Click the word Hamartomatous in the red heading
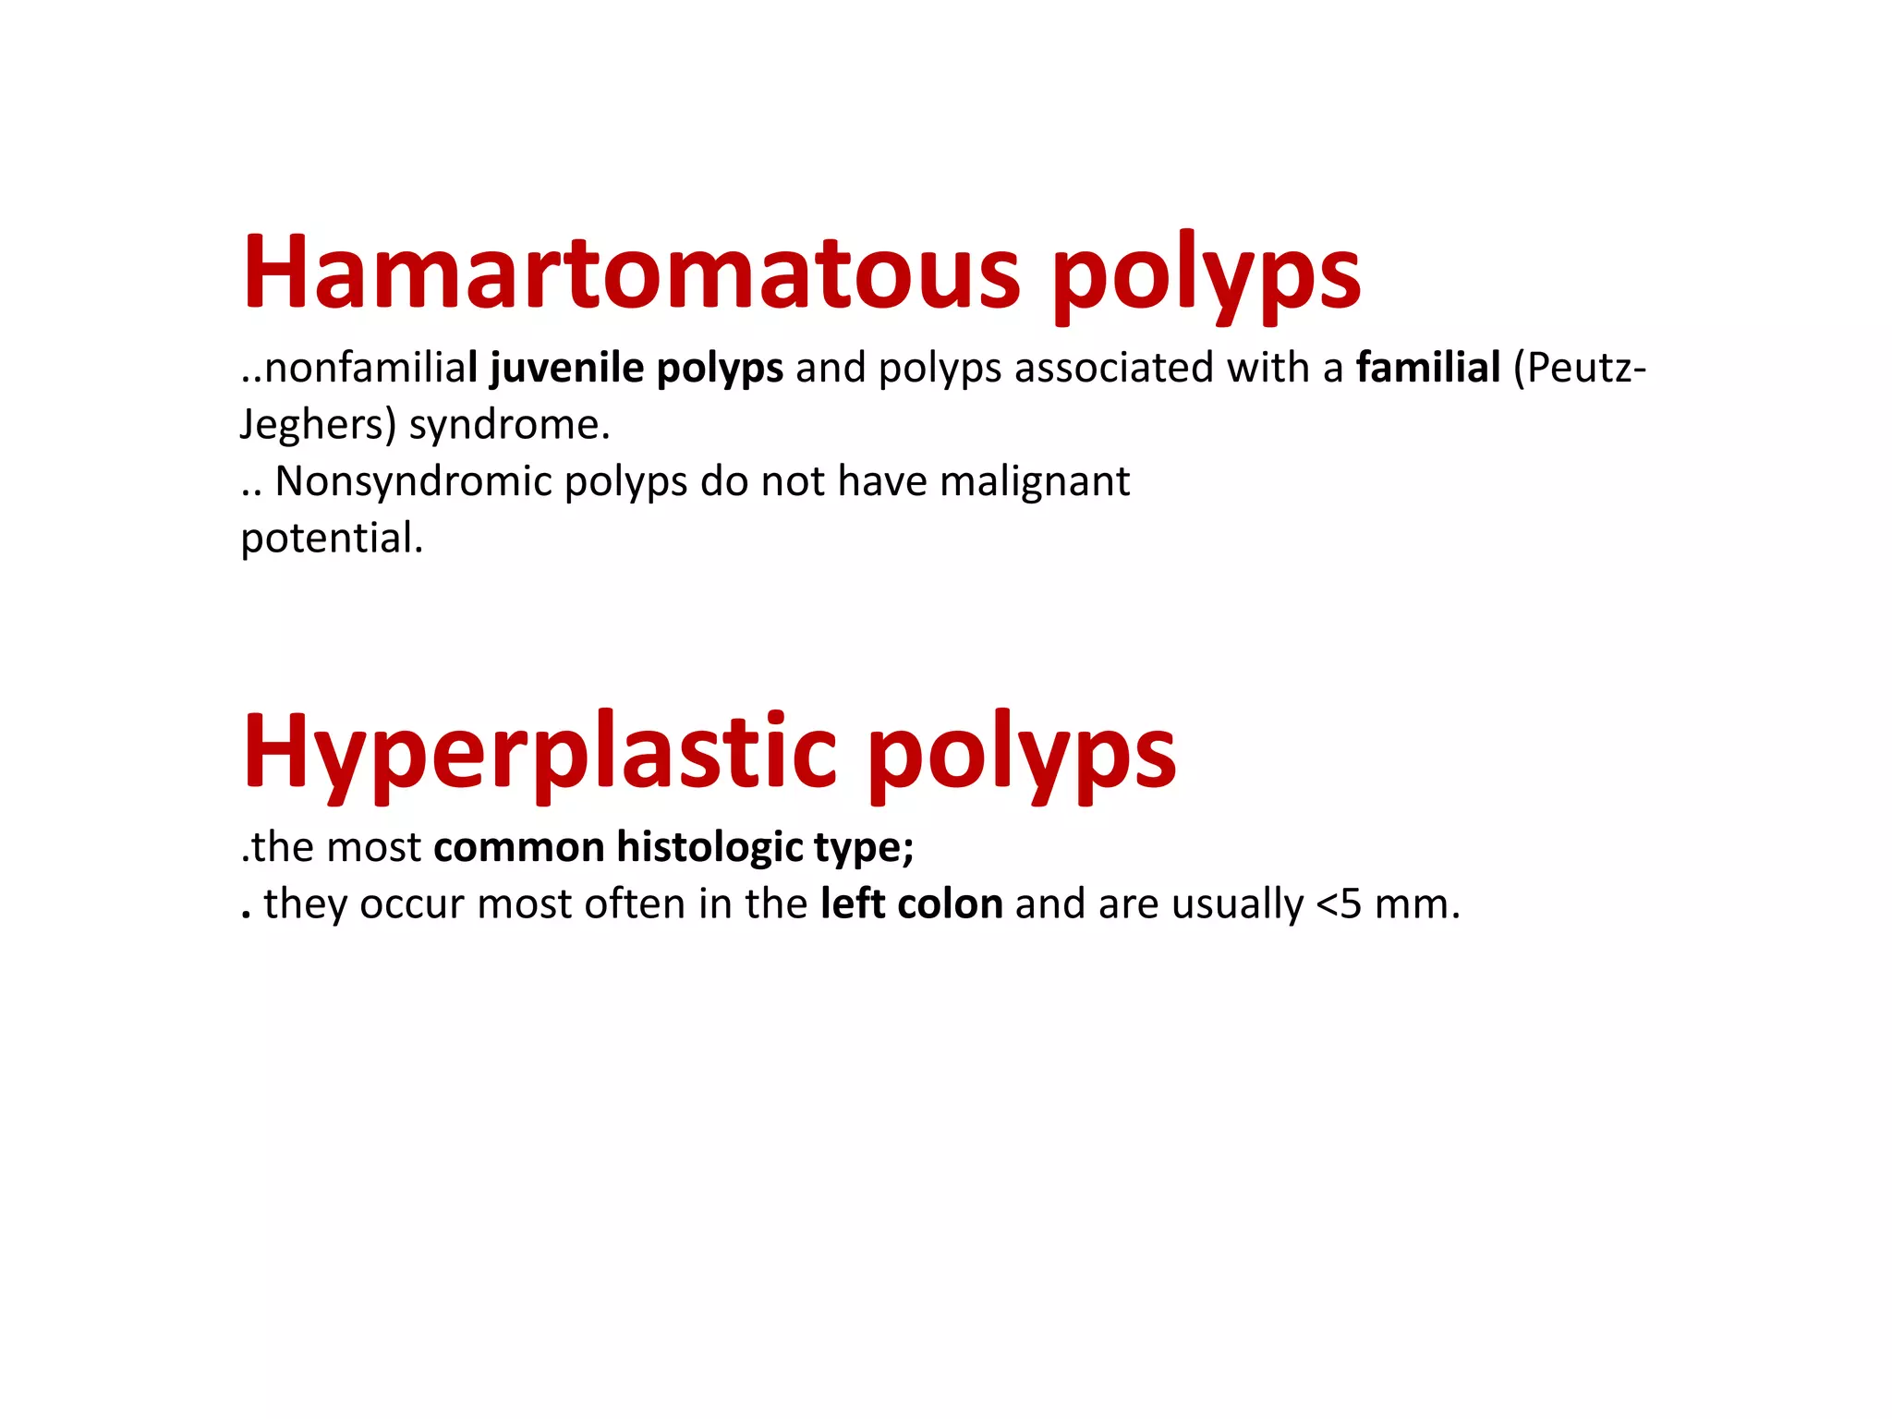(631, 273)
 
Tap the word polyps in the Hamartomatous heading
(1206, 277)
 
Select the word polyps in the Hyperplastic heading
(1022, 756)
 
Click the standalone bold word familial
(1427, 368)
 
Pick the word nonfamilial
(370, 368)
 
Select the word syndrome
(509, 425)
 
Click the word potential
(331, 539)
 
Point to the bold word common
(518, 847)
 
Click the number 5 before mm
(1350, 904)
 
